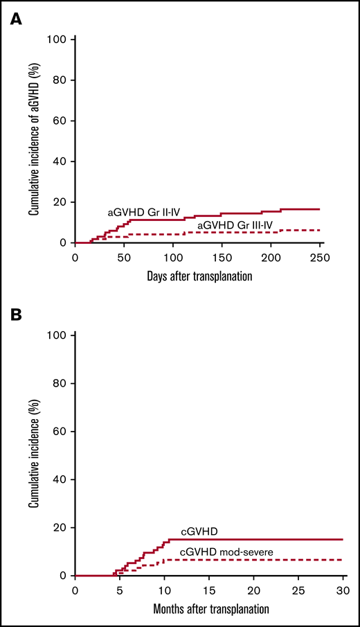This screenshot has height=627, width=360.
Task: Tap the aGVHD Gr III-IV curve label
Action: (x=235, y=226)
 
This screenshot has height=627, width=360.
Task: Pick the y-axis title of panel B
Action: (x=33, y=457)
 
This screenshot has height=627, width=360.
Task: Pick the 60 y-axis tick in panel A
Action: (x=60, y=121)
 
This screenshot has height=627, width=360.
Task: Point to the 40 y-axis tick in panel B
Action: (x=60, y=479)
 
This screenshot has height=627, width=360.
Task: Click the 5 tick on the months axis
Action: (x=120, y=590)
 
